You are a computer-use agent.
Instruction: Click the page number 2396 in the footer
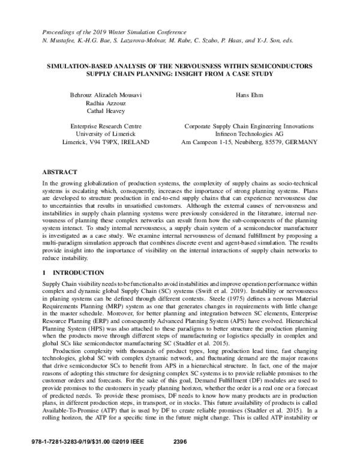tap(180, 459)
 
